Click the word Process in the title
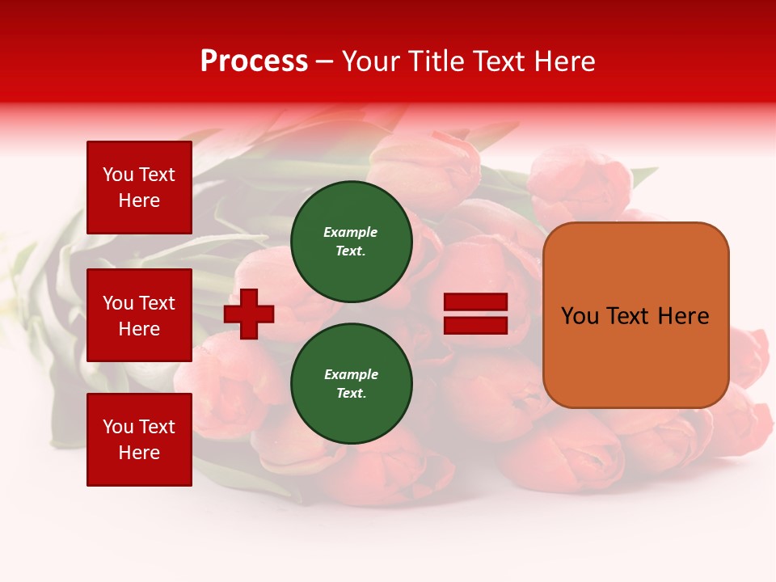[x=254, y=61]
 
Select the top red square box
[x=139, y=188]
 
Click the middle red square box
[x=139, y=315]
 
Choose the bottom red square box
[x=139, y=440]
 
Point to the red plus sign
[x=249, y=314]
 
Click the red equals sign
[x=475, y=314]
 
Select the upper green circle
[x=352, y=241]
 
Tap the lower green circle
[x=352, y=383]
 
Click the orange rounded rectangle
[x=635, y=315]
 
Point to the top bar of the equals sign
[x=475, y=302]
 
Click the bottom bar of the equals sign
[x=475, y=326]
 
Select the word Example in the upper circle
[x=351, y=232]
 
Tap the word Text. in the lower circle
[x=351, y=393]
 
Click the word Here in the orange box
[x=683, y=316]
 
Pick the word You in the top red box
[x=118, y=175]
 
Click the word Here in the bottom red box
[x=139, y=453]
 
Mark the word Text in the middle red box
[x=158, y=303]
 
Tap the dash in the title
[x=325, y=61]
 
